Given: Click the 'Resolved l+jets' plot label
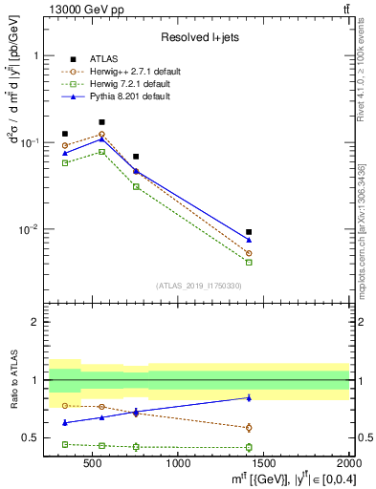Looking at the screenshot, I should [x=199, y=36].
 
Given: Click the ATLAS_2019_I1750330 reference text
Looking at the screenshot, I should [x=198, y=286].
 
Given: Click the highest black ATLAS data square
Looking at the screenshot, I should [x=101, y=122].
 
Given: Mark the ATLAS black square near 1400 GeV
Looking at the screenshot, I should [x=249, y=232].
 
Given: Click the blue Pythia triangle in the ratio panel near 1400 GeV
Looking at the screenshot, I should [x=249, y=397].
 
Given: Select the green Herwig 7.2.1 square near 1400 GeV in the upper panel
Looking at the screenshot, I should [x=249, y=262].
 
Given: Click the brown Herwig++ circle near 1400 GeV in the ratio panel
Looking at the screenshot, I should [x=249, y=427].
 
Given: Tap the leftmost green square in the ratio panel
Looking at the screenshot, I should [x=65, y=444].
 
